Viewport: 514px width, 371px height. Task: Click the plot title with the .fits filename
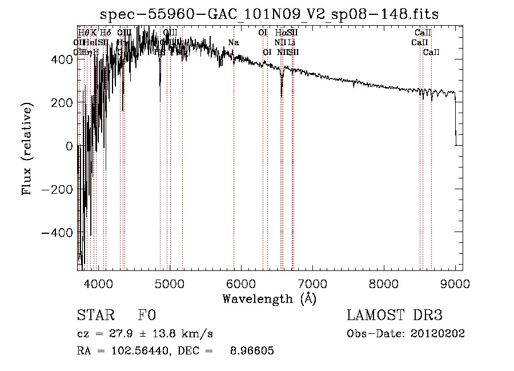tap(269, 14)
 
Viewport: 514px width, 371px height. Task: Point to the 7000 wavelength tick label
tap(312, 284)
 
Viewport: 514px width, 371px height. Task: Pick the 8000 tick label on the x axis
tap(383, 284)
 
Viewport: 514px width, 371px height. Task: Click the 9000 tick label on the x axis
tap(455, 284)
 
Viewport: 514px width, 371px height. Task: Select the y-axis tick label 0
tap(69, 146)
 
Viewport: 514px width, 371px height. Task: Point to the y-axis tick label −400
tap(57, 233)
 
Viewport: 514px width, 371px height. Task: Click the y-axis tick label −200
tap(57, 189)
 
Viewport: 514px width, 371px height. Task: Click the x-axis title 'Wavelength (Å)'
tap(269, 299)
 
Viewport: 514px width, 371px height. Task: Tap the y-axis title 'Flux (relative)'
tap(27, 146)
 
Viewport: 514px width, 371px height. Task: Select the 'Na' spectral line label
tap(233, 43)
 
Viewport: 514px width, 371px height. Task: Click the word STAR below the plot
tap(95, 316)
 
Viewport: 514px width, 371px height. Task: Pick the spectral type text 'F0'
tap(146, 316)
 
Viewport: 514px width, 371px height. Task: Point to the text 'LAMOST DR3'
tap(394, 316)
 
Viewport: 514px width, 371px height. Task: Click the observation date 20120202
tap(438, 334)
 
